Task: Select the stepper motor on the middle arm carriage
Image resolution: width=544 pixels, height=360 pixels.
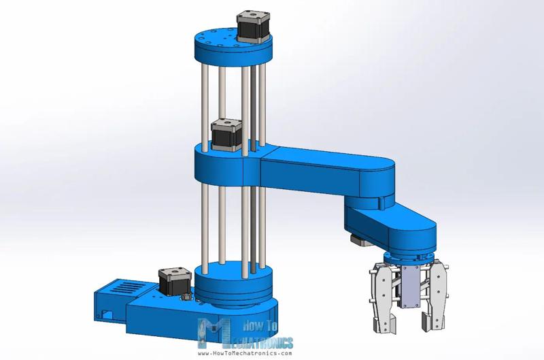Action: (x=225, y=135)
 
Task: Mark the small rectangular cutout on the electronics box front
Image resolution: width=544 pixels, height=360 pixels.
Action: (x=107, y=314)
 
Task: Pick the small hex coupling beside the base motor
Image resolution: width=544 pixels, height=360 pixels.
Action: (x=185, y=297)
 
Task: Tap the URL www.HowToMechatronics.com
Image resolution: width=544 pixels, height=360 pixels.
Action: (x=245, y=353)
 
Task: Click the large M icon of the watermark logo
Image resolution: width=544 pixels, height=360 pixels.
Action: (x=212, y=334)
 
